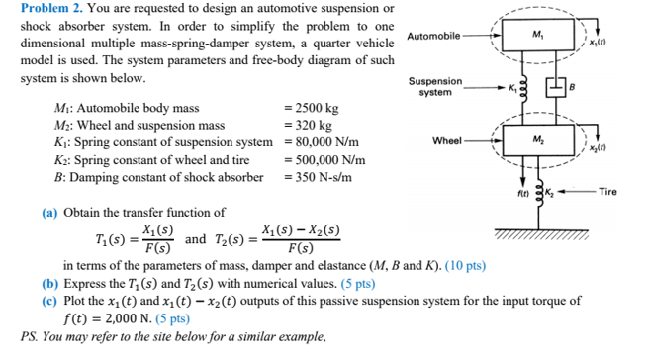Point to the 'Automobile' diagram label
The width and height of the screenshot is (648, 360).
pyautogui.click(x=432, y=36)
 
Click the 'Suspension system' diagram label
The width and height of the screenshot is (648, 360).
pyautogui.click(x=435, y=87)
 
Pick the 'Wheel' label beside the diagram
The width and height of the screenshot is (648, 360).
pyautogui.click(x=447, y=141)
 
